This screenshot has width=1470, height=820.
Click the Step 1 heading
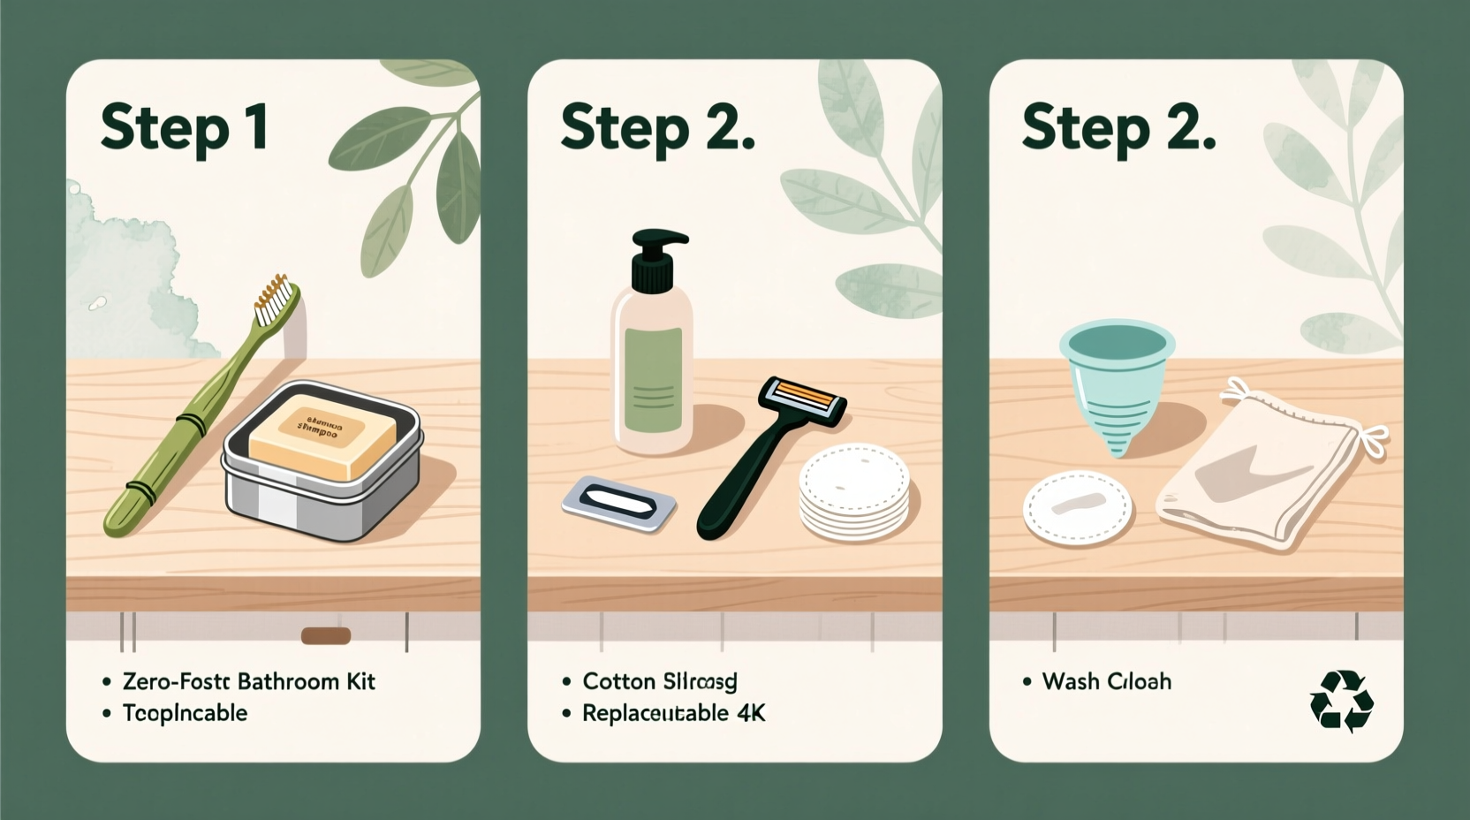point(184,129)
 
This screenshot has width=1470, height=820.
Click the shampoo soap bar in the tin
point(320,437)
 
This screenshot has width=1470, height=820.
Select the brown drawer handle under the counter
point(326,635)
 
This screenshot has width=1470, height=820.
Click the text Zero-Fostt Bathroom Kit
point(248,681)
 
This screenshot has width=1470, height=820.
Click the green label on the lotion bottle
point(653,380)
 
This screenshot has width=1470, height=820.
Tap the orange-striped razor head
point(803,402)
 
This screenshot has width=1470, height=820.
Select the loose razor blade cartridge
point(618,504)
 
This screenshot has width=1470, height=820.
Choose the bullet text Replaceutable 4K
point(673,713)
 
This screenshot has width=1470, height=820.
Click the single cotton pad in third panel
point(1077,508)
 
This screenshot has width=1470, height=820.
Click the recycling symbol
point(1341,701)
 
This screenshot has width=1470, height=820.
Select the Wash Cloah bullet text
point(1106,681)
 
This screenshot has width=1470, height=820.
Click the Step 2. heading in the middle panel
point(657,129)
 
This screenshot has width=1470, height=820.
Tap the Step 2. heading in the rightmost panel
point(1118,129)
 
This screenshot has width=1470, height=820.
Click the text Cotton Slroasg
point(659,681)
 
